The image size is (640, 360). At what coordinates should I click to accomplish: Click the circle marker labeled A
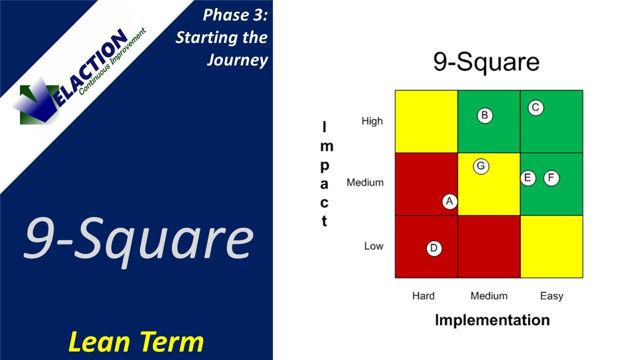(x=449, y=201)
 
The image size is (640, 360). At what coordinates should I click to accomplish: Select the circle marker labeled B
(x=484, y=115)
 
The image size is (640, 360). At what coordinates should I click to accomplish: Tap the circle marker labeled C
(x=535, y=107)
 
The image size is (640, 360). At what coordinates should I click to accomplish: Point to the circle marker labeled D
(x=434, y=248)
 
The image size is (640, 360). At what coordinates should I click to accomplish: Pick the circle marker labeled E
(x=528, y=178)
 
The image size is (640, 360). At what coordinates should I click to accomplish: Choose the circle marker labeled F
(x=551, y=178)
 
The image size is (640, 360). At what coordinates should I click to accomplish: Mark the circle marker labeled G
(x=481, y=166)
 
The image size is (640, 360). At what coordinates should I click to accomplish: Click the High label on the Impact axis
(x=372, y=121)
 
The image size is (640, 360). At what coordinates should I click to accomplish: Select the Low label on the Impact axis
(x=373, y=246)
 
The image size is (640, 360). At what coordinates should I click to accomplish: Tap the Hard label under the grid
(x=423, y=296)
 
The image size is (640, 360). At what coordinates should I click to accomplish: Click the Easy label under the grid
(x=551, y=296)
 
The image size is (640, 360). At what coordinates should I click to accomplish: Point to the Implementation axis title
(x=492, y=320)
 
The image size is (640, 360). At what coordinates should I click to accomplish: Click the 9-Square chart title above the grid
(x=486, y=62)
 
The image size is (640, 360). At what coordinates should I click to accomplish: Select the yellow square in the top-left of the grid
(x=426, y=121)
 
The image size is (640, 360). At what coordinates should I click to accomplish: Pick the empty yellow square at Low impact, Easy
(x=551, y=246)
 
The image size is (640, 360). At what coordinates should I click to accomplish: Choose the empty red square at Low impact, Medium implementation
(x=489, y=246)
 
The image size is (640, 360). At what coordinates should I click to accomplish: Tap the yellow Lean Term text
(x=136, y=342)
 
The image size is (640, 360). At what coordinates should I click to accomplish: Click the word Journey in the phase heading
(x=237, y=60)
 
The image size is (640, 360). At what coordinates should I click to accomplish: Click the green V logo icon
(x=37, y=102)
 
